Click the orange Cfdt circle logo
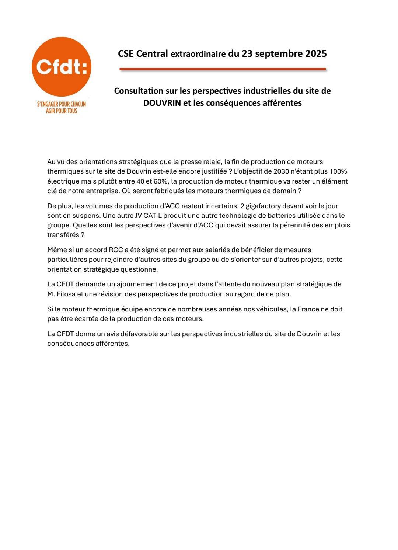click(x=62, y=67)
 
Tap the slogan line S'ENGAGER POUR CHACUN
click(x=62, y=104)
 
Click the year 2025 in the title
click(x=316, y=54)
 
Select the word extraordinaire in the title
click(x=198, y=54)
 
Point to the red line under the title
click(x=223, y=69)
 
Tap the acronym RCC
click(x=116, y=250)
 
